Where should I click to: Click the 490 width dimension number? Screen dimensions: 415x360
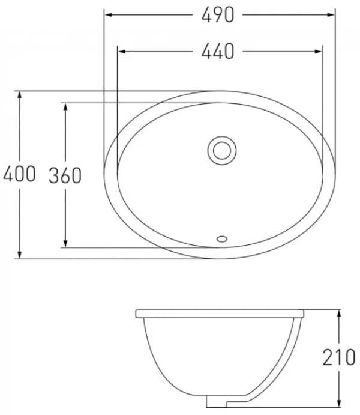click(x=218, y=15)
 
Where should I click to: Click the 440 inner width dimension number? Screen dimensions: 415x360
click(x=218, y=52)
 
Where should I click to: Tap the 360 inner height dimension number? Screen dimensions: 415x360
click(x=65, y=175)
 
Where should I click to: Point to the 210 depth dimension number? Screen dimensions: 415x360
click(x=339, y=357)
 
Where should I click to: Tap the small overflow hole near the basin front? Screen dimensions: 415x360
click(x=222, y=238)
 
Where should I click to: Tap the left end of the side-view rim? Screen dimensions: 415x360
click(x=137, y=314)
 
